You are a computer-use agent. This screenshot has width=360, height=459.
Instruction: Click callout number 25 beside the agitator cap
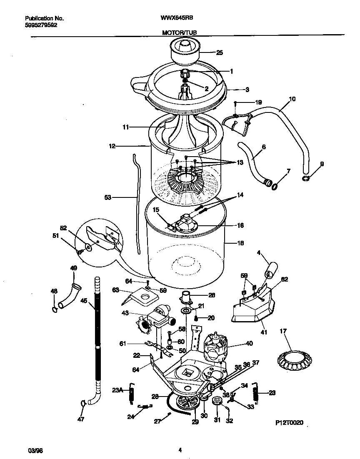(219, 52)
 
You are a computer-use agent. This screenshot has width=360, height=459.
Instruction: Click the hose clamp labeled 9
(306, 179)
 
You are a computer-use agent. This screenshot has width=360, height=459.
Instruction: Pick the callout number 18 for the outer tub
(240, 243)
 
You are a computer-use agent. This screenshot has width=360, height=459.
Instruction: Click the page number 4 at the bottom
(180, 450)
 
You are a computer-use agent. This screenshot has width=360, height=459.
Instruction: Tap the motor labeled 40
(216, 346)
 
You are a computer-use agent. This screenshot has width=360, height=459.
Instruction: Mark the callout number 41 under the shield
(264, 332)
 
